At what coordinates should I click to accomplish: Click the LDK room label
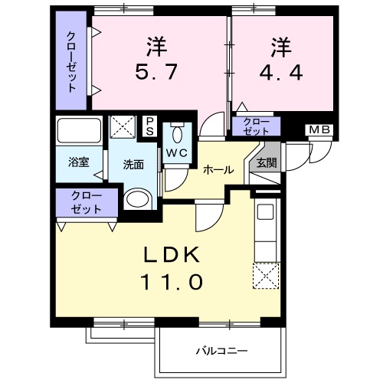pos(171,254)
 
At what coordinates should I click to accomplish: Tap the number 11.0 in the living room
pos(172,283)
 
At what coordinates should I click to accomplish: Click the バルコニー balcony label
pos(221,351)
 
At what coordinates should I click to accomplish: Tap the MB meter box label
pos(320,129)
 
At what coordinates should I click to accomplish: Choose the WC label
pos(177,152)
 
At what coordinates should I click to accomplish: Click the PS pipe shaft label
pos(150,126)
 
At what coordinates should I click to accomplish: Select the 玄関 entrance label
pos(266,162)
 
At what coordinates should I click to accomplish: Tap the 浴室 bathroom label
pos(79,162)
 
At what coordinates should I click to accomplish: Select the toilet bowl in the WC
pos(177,136)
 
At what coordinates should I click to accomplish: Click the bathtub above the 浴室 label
pos(80,132)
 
